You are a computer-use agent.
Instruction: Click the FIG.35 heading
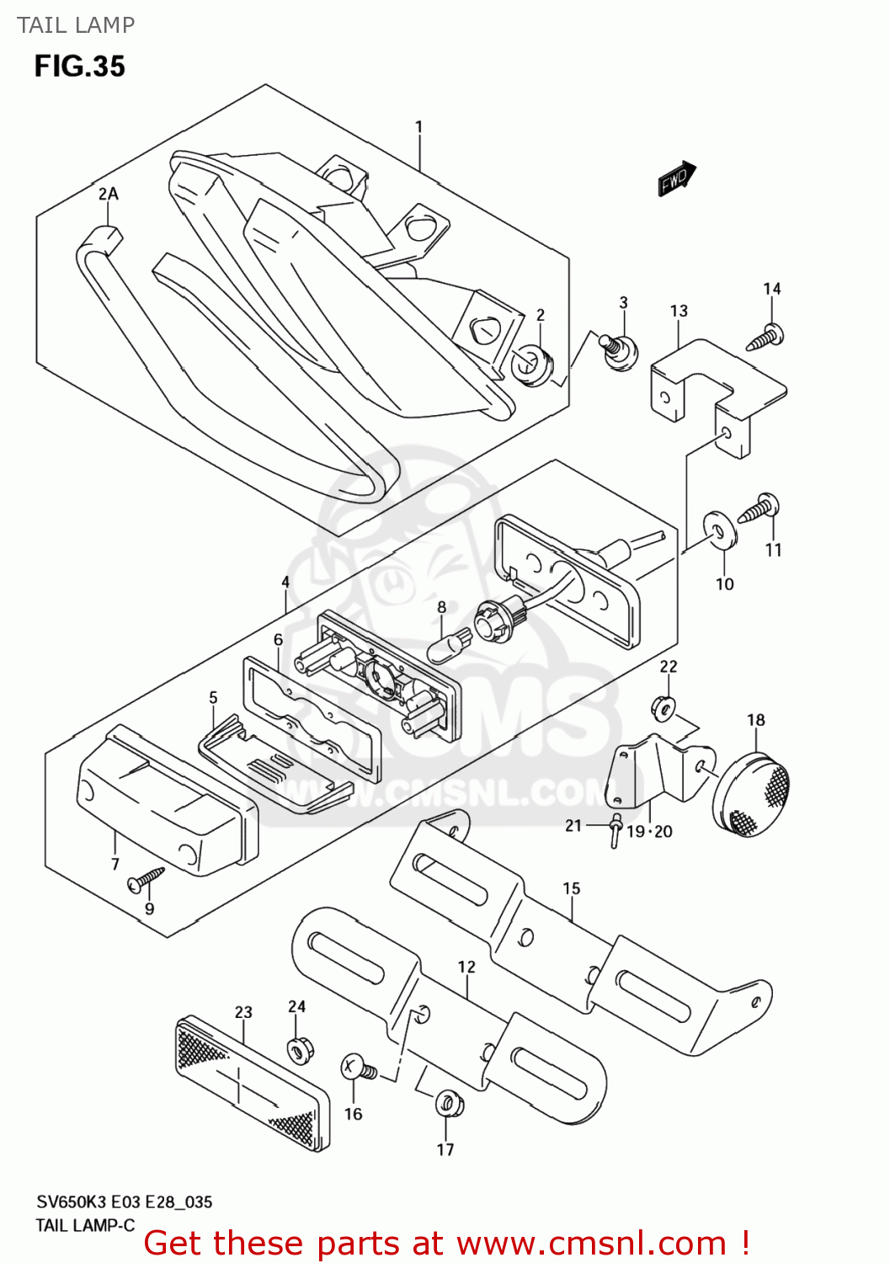[79, 67]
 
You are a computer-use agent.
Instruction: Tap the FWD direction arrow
[677, 179]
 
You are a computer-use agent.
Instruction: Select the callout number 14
[771, 289]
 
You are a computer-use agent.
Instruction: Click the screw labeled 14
[766, 338]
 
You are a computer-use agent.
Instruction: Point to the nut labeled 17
[447, 1103]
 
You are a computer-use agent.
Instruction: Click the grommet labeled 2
[530, 365]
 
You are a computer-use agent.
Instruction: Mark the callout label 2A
[108, 194]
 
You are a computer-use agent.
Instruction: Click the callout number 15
[571, 888]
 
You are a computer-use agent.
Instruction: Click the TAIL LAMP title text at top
[76, 25]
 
